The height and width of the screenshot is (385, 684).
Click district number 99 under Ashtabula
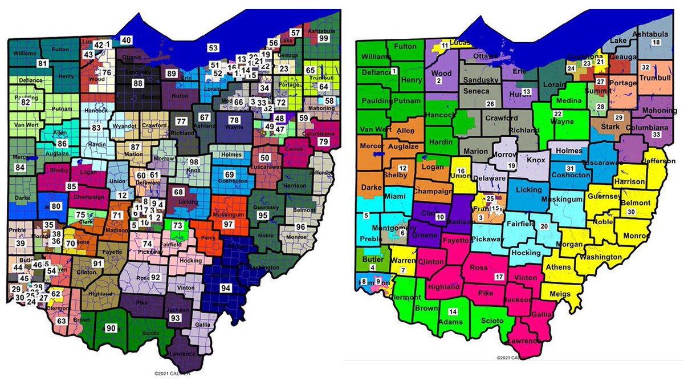(324, 38)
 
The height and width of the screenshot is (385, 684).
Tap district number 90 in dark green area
(111, 328)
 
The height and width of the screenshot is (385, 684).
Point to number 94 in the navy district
(226, 288)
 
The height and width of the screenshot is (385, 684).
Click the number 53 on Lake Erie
(213, 48)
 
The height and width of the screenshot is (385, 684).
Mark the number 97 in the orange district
(228, 225)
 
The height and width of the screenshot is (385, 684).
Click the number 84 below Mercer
(20, 168)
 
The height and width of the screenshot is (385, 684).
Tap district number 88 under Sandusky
(137, 83)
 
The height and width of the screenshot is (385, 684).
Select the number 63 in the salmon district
(62, 321)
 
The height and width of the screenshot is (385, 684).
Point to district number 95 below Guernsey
(263, 216)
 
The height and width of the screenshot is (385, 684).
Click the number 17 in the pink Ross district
(499, 277)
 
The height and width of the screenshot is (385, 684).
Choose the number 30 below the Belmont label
(630, 212)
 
